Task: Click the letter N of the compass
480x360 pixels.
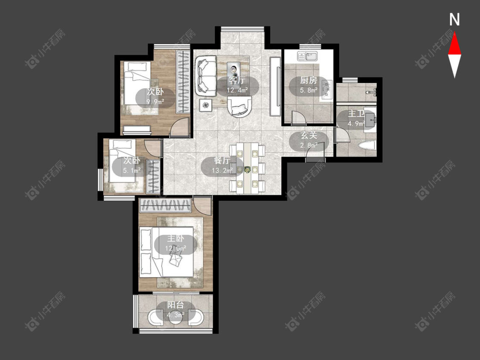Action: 454,20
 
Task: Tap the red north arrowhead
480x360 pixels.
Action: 454,44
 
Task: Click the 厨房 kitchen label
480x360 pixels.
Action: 308,81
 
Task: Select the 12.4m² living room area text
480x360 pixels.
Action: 237,90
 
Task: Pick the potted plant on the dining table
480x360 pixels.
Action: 247,168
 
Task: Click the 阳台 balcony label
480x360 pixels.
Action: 175,305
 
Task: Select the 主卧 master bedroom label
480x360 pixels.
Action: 175,238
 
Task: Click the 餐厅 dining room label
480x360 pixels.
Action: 222,161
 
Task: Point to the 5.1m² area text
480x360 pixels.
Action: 132,170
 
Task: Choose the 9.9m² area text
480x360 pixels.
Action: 155,102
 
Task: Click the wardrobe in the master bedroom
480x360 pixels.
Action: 166,205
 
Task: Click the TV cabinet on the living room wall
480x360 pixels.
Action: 275,87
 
